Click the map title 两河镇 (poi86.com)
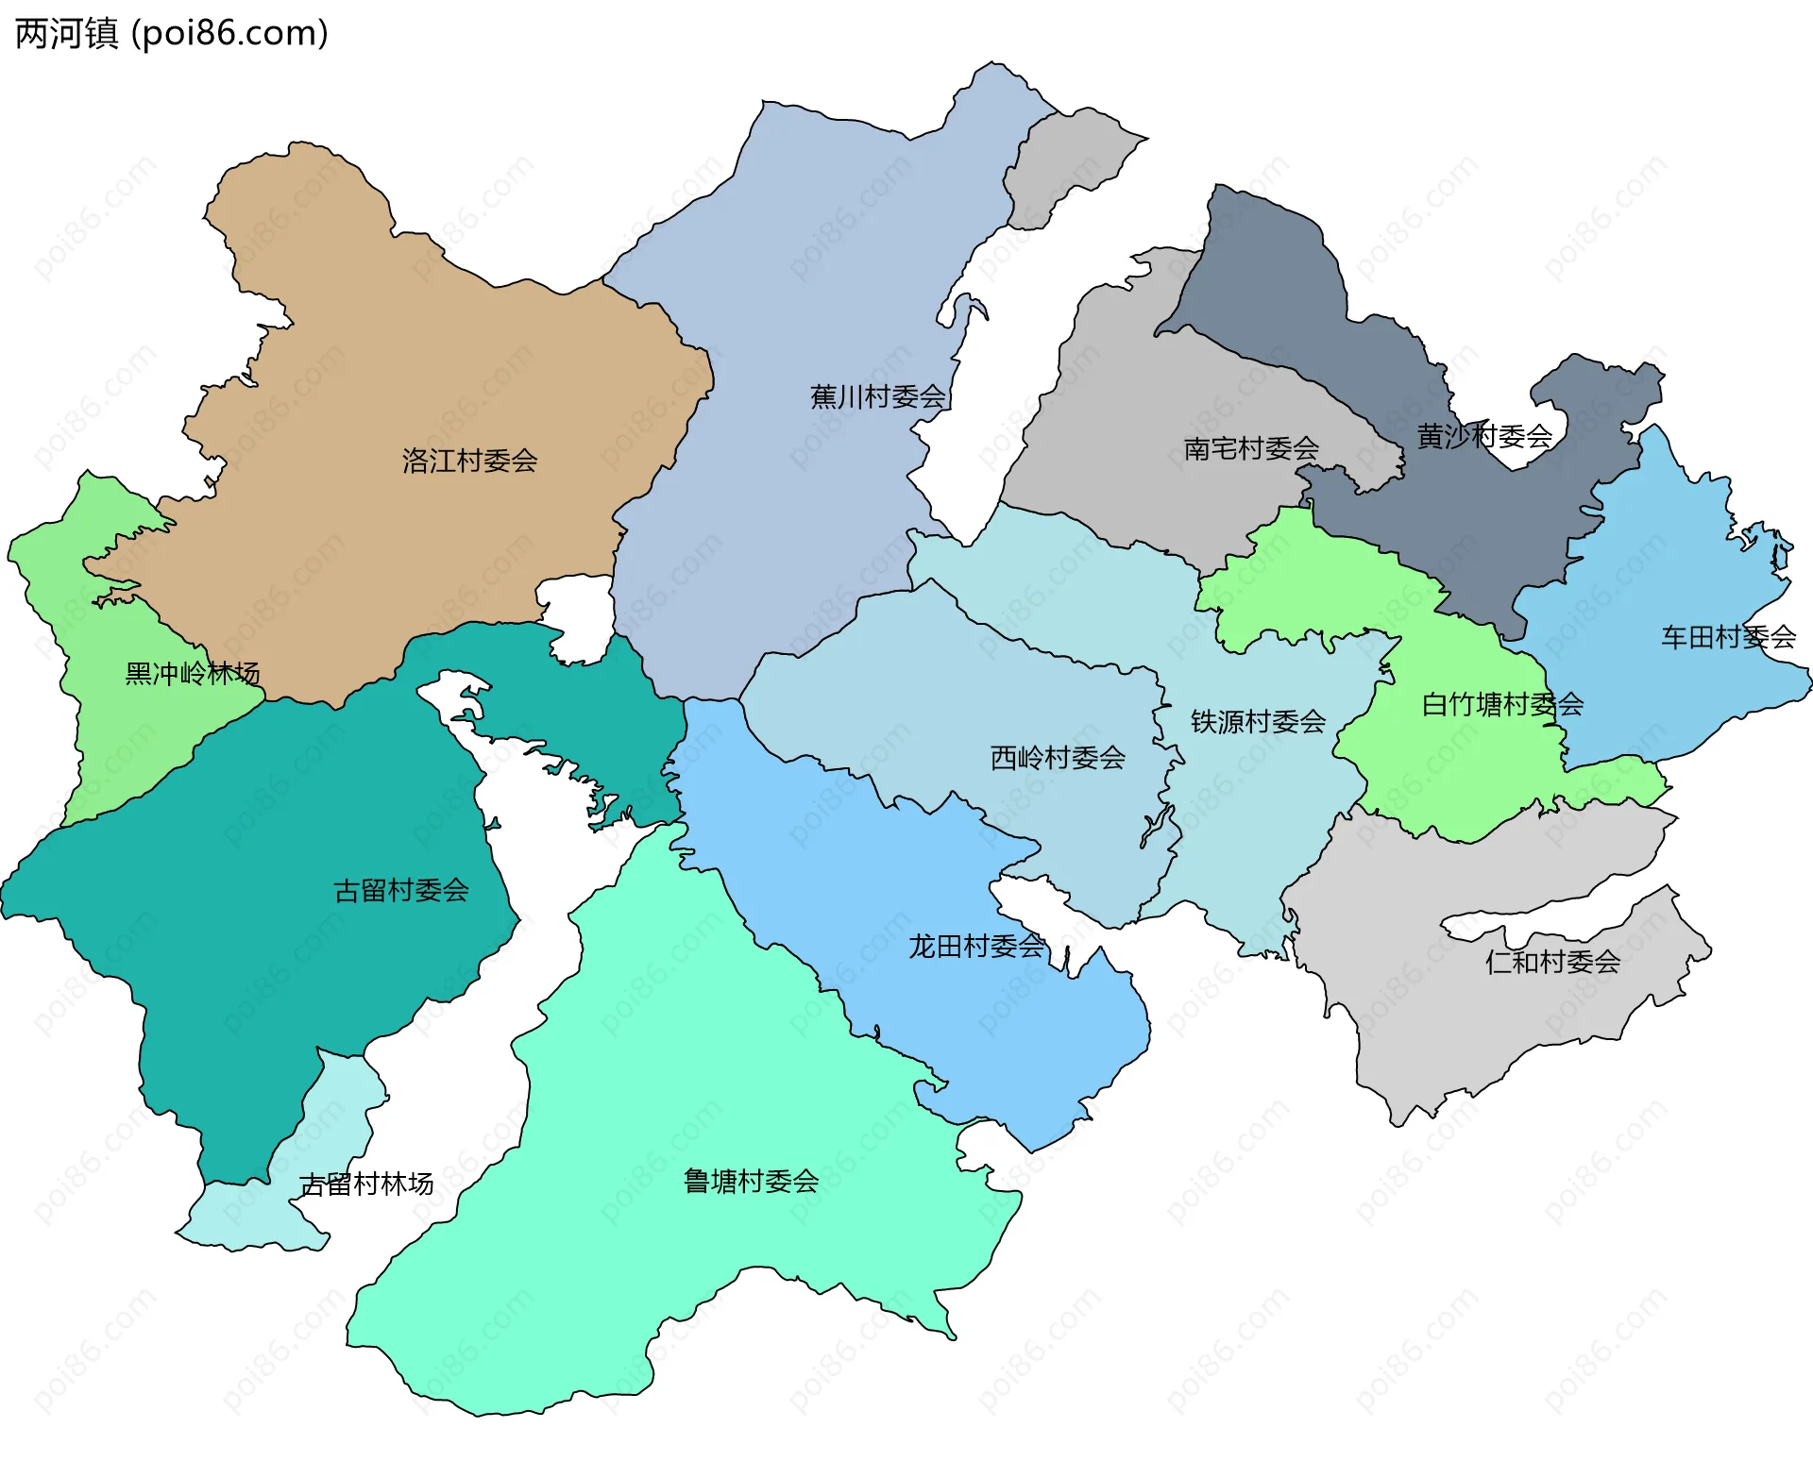(172, 33)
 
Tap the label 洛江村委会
(469, 461)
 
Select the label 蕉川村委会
(877, 396)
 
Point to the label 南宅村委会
(1250, 448)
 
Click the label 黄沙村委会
(1483, 436)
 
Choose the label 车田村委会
(1727, 637)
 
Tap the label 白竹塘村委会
(1501, 704)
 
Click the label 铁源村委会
(1258, 722)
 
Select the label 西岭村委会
(1057, 758)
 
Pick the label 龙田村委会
(975, 947)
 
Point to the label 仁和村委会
(1552, 963)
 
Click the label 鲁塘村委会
(751, 1182)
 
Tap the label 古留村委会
(401, 890)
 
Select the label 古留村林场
(366, 1184)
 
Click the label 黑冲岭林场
(192, 673)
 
